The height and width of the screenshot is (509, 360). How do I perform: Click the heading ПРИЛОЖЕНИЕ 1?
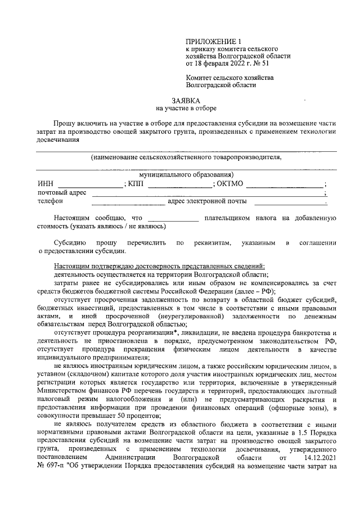click(x=217, y=41)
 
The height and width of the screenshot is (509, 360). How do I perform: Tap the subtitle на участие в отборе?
click(x=186, y=108)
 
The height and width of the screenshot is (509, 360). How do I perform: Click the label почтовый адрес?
click(x=62, y=192)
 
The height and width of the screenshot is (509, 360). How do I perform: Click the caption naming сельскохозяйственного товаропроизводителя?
click(x=186, y=157)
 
